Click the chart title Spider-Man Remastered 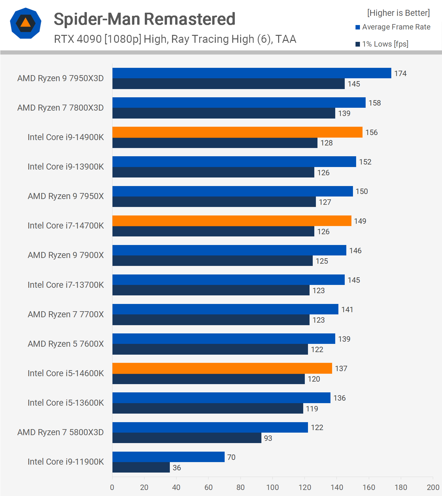click(144, 19)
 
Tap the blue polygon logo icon click(26, 23)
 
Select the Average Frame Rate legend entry click(393, 27)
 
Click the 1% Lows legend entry click(382, 44)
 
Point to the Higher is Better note click(398, 13)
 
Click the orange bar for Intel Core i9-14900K click(237, 132)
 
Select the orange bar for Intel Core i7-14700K click(232, 221)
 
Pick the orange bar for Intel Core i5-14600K click(222, 368)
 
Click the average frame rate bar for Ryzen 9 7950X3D click(252, 73)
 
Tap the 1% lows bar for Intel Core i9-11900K click(141, 467)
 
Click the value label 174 click(400, 74)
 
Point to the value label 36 click(177, 468)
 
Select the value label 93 click(268, 438)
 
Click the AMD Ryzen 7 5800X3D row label click(61, 432)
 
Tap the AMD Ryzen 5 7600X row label click(66, 344)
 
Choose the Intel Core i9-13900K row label click(66, 167)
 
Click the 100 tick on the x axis click(272, 487)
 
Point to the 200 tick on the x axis click(433, 487)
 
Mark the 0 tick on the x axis click(112, 487)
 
